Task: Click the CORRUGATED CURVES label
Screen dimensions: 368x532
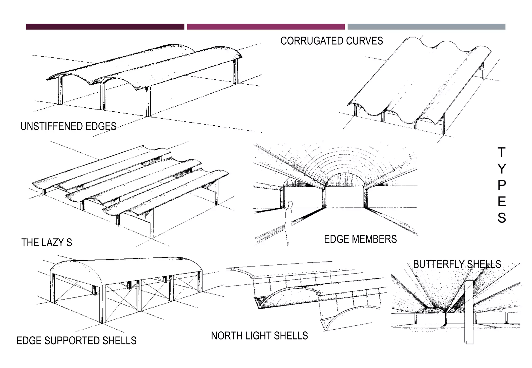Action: [331, 41]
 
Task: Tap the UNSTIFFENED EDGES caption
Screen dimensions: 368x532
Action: [68, 126]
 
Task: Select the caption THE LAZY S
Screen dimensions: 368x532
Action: [46, 242]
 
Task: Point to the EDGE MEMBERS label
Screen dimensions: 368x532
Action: [360, 239]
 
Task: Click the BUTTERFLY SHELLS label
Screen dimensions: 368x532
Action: [457, 264]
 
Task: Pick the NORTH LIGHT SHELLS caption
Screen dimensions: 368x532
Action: [259, 336]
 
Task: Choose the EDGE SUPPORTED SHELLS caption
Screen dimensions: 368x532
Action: [76, 340]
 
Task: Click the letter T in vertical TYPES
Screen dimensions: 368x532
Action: [501, 153]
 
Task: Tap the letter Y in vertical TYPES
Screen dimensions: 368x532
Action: [501, 169]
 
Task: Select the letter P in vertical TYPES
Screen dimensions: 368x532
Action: [501, 185]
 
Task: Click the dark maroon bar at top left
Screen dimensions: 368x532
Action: [105, 27]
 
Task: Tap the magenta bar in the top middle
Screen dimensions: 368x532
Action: [266, 27]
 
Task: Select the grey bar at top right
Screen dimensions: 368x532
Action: [426, 27]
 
